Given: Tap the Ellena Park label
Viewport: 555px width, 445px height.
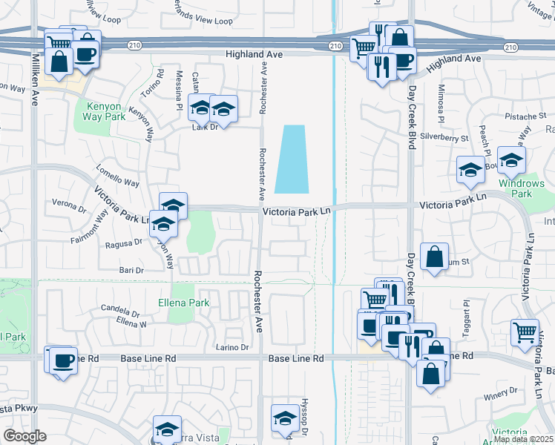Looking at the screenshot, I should coord(183,303).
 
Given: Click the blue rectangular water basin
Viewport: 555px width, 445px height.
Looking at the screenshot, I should coord(292,159).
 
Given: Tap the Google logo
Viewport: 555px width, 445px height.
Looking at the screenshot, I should coord(24,436).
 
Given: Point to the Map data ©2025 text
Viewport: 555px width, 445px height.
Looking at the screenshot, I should coord(524,439).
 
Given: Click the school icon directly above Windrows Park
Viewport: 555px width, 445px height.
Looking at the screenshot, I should coord(511,159).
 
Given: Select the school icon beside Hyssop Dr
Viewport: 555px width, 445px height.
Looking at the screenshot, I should coord(285,418).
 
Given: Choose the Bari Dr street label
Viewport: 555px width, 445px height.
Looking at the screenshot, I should coord(130,270).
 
